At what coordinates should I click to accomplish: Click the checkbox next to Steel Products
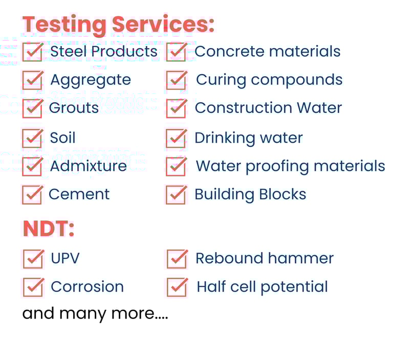click(x=33, y=52)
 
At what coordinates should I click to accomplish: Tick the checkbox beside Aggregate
click(x=33, y=80)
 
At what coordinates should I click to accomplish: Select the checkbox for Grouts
click(x=33, y=108)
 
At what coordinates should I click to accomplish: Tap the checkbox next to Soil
click(x=33, y=138)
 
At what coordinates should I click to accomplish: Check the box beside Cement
click(x=33, y=195)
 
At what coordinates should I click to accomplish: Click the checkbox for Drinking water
click(x=177, y=138)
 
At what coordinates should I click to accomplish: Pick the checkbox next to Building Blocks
click(x=177, y=195)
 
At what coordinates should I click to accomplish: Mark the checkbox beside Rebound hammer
click(x=177, y=259)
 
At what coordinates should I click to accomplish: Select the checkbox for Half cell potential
click(x=177, y=287)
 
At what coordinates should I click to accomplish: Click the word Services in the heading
click(x=163, y=24)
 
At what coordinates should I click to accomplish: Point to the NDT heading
click(x=49, y=229)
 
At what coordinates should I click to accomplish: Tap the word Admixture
click(x=89, y=166)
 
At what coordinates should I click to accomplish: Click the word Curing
click(x=221, y=80)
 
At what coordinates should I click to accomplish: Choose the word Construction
click(x=244, y=108)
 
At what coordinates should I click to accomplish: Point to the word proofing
click(x=277, y=166)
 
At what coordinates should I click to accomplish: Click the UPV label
click(x=65, y=258)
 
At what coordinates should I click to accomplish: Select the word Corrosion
click(x=87, y=286)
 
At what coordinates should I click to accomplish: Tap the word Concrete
click(x=230, y=52)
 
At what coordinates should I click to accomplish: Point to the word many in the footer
click(x=83, y=314)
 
